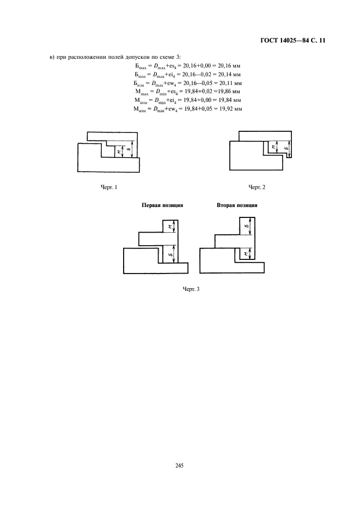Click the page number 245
click(180, 465)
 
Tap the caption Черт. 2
click(257, 187)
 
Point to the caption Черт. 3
click(191, 288)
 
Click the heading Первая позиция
click(162, 205)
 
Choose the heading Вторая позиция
click(236, 205)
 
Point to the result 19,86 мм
click(231, 91)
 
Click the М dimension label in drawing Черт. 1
click(119, 151)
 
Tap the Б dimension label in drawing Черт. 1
click(130, 148)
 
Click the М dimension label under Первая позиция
click(170, 226)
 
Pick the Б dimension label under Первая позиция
click(170, 254)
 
